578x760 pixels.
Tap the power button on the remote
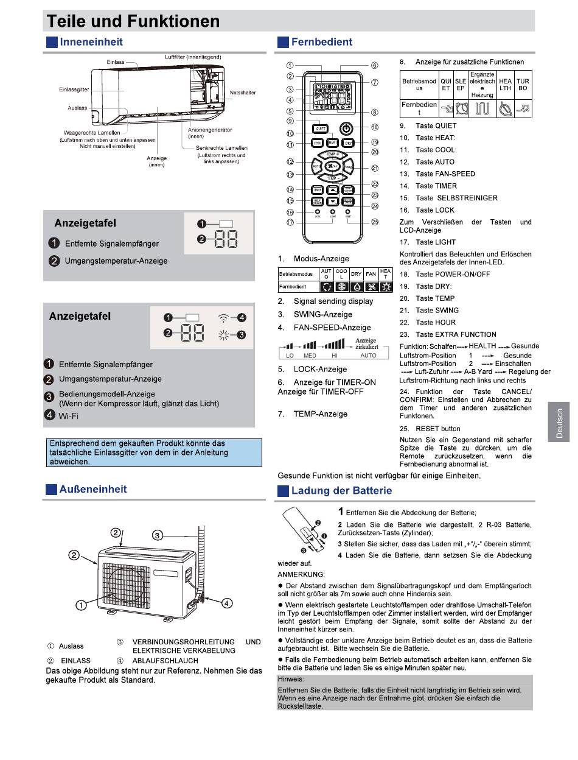pos(345,128)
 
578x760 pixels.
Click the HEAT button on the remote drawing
pos(333,142)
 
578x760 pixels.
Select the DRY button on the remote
pos(347,143)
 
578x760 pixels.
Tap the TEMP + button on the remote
pos(332,155)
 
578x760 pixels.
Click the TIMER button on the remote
pos(318,189)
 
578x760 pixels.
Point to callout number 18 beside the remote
pos(374,127)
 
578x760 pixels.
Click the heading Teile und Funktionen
pos(133,21)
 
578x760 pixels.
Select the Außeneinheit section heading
pos(93,489)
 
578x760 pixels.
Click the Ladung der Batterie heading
pos(341,490)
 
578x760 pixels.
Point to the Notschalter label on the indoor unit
pos(243,93)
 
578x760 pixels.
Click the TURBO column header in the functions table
pos(523,84)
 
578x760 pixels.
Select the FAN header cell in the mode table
pos(371,274)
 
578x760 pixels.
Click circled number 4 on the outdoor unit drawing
pos(226,603)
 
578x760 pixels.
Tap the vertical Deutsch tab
pos(559,423)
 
